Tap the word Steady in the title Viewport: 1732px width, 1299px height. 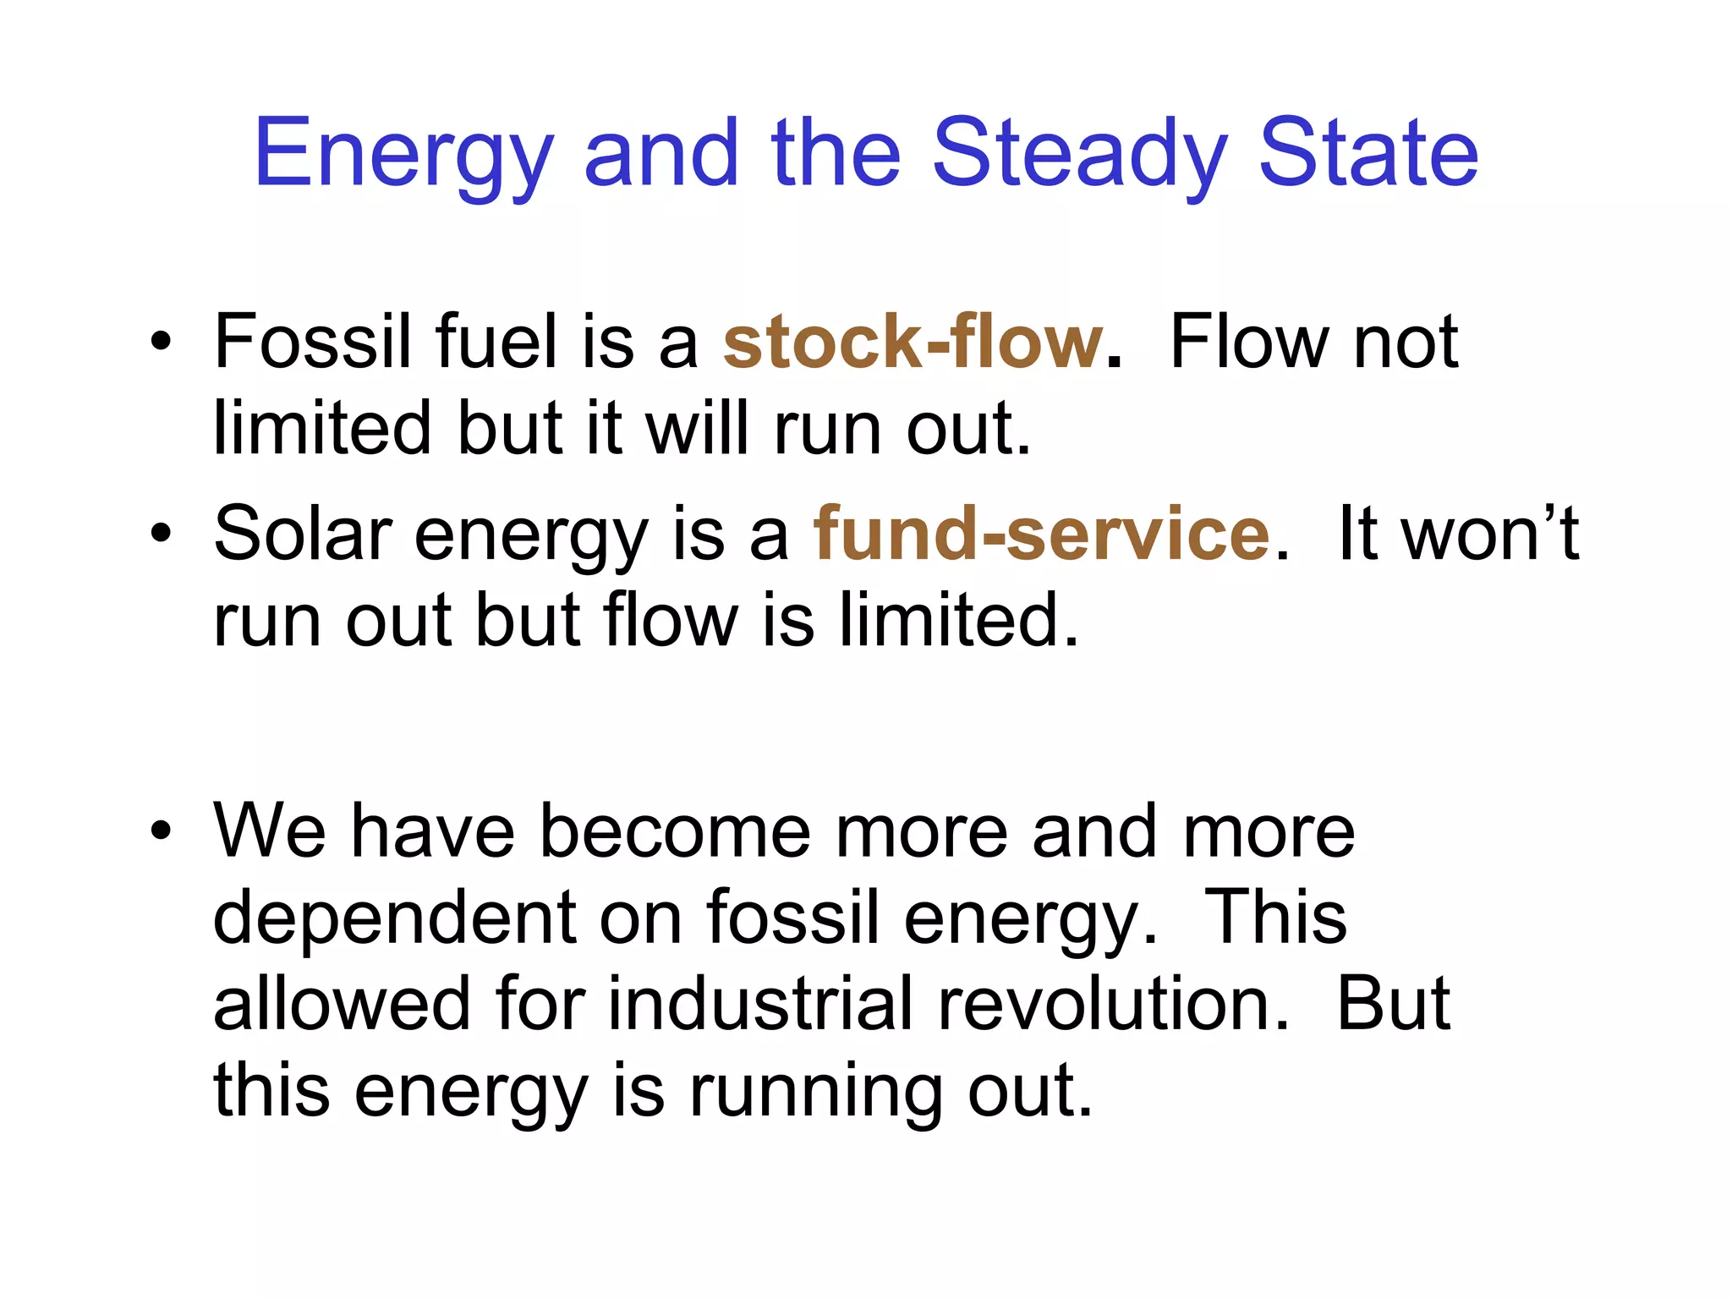click(1079, 154)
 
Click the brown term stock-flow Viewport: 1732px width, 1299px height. click(913, 343)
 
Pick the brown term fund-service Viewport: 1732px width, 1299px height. click(1041, 534)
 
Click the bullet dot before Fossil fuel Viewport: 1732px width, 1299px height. click(161, 343)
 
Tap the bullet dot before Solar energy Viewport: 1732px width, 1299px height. click(161, 534)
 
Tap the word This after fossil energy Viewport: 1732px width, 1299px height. click(1274, 918)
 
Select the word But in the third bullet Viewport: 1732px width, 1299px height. click(1393, 1004)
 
